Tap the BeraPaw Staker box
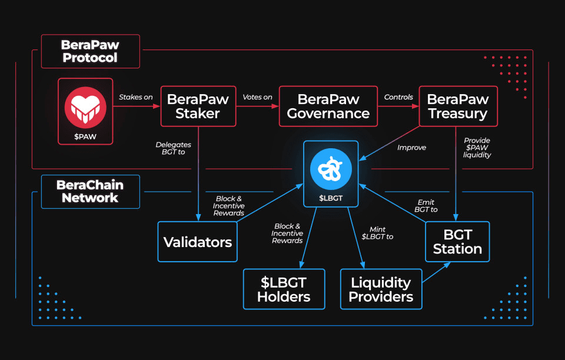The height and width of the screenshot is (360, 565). tap(198, 106)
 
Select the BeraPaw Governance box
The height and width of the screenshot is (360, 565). tap(328, 106)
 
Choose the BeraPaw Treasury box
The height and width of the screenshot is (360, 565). tap(457, 106)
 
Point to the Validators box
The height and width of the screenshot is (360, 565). tap(197, 242)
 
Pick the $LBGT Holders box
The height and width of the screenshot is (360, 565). tap(284, 289)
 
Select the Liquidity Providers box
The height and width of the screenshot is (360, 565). tap(381, 289)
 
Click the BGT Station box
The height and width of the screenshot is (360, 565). tap(457, 242)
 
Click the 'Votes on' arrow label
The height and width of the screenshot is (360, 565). tap(257, 97)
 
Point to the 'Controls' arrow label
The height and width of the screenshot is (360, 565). tap(398, 97)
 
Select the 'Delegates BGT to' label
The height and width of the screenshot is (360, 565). tap(173, 148)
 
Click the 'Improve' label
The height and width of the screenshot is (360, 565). tap(411, 148)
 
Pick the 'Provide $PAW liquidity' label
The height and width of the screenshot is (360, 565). tap(477, 148)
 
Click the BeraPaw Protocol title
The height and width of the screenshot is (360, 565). tap(89, 51)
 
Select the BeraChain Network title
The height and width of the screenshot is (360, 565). tap(90, 191)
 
